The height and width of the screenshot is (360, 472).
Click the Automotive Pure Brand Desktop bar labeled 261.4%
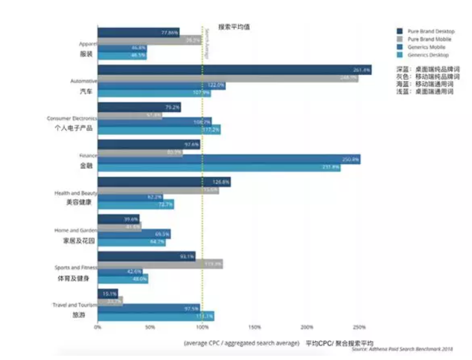click(x=234, y=69)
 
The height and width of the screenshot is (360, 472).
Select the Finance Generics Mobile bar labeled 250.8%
click(x=229, y=159)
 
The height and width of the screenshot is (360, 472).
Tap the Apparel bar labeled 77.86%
click(x=138, y=32)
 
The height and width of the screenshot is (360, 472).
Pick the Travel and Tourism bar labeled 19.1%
click(x=107, y=293)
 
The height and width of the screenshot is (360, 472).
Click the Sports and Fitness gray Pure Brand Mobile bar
click(x=160, y=264)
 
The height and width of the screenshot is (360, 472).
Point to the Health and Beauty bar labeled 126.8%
click(x=164, y=182)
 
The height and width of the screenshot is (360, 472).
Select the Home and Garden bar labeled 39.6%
click(x=119, y=219)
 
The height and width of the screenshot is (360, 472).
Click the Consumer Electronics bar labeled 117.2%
click(x=159, y=130)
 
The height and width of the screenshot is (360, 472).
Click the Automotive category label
click(x=84, y=82)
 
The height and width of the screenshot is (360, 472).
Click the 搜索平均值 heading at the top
click(x=234, y=27)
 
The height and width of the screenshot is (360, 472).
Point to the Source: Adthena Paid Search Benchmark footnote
click(x=403, y=349)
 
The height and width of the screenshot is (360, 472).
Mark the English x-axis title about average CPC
click(x=241, y=343)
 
